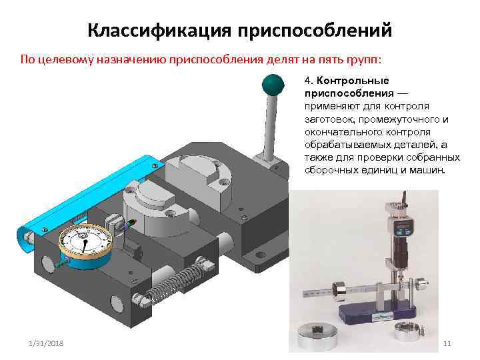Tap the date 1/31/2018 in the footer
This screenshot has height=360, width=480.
(47, 343)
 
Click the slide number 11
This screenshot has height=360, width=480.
(447, 343)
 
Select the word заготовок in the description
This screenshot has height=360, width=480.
(327, 119)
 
